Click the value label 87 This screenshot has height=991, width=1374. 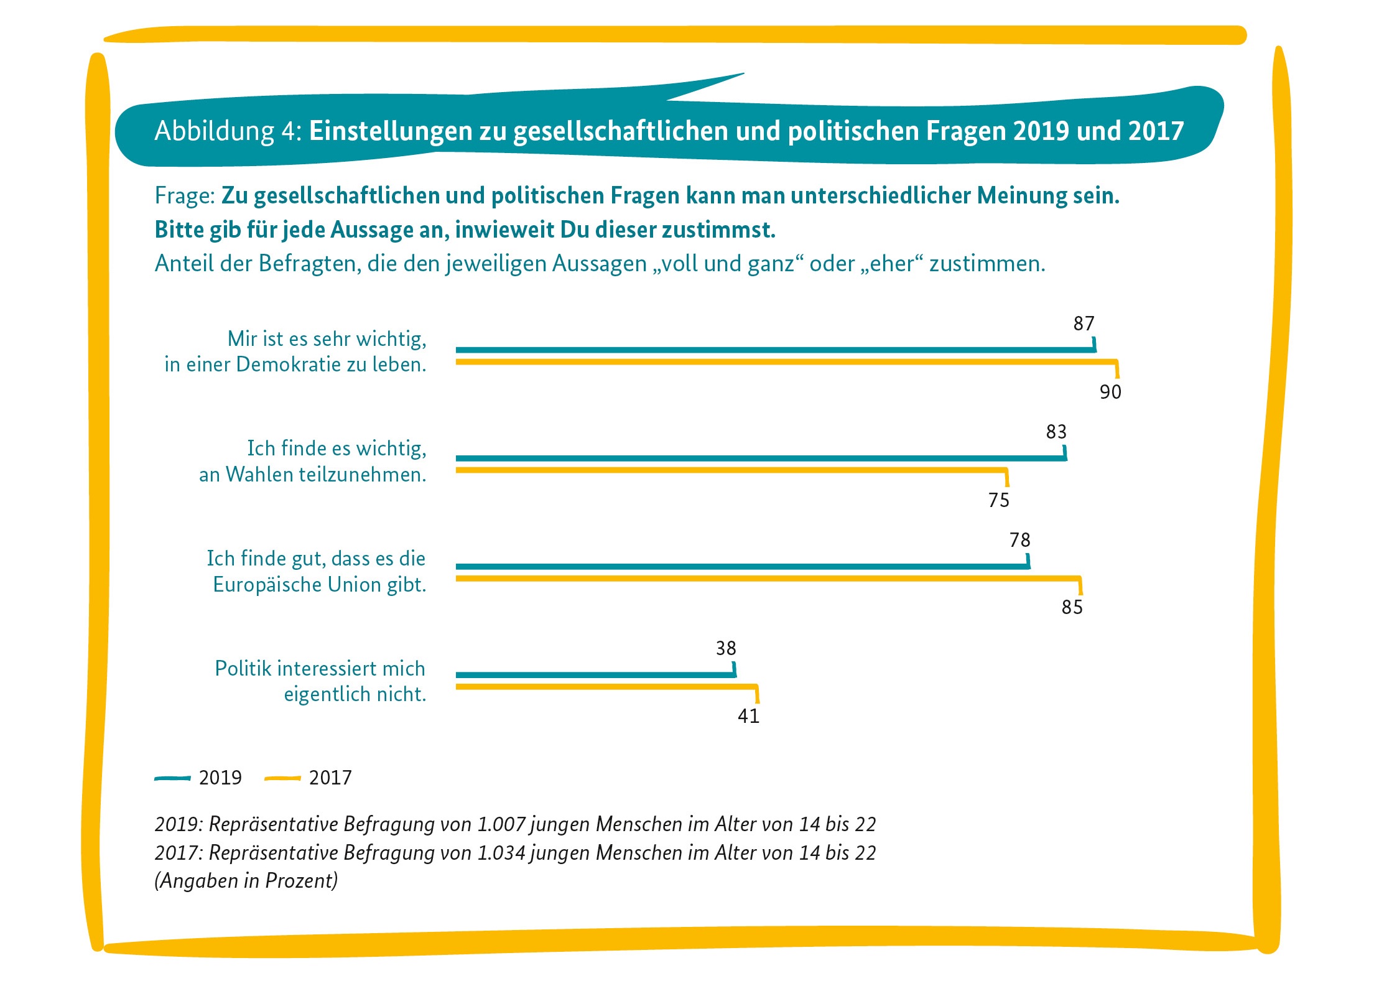(x=1084, y=323)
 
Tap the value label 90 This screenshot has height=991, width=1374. (x=1110, y=392)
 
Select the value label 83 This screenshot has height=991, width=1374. (x=1056, y=432)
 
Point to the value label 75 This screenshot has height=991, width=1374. (x=998, y=500)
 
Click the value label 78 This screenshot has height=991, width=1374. (x=1020, y=540)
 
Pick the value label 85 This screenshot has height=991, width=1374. (x=1072, y=607)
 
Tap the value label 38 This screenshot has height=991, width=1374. (x=726, y=649)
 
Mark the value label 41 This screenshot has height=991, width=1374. (x=748, y=716)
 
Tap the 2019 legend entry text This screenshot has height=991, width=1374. (x=220, y=778)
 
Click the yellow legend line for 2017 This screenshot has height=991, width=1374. (x=282, y=778)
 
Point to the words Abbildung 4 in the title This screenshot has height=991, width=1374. (x=228, y=131)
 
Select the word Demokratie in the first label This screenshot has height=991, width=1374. (x=290, y=365)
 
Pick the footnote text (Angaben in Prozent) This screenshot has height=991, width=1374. (x=246, y=881)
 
